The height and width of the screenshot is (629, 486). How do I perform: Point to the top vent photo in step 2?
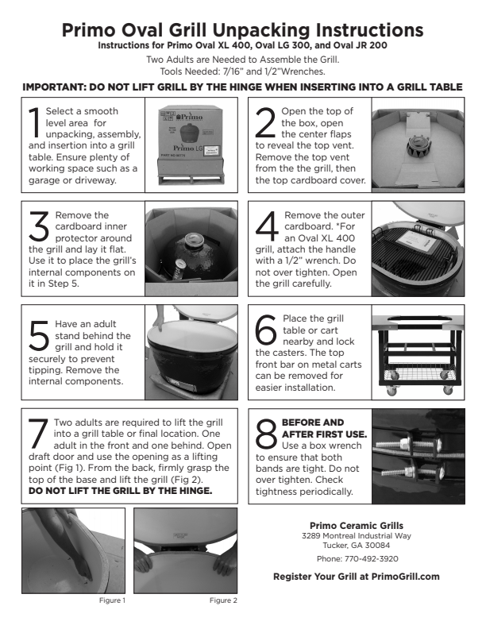(x=417, y=144)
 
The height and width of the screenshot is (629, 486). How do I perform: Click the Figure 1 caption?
(x=113, y=600)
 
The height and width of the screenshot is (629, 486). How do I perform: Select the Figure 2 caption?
(x=224, y=600)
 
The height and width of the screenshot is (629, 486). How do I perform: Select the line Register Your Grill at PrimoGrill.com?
(x=356, y=576)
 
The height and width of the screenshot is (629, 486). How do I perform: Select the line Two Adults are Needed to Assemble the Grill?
(x=243, y=60)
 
